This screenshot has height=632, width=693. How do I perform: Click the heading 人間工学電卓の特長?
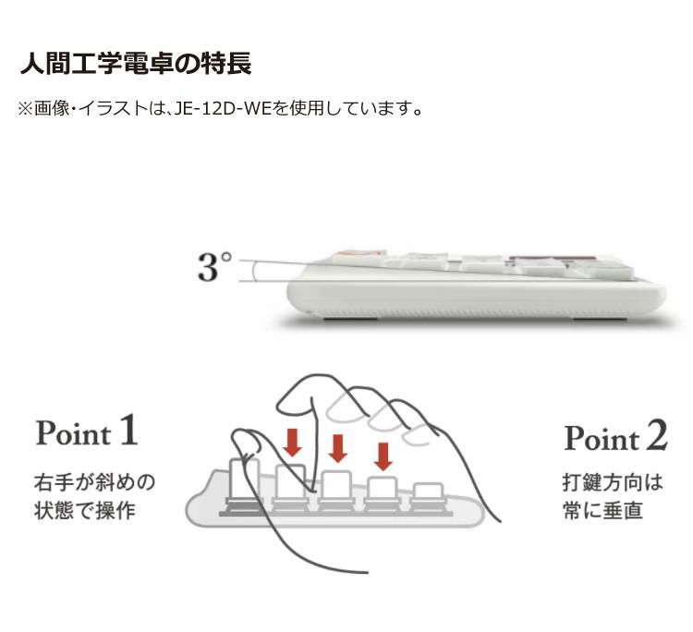136,64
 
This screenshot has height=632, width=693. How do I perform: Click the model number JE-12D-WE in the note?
222,109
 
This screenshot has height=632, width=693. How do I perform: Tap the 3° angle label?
214,266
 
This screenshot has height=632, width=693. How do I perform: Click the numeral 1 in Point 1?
129,429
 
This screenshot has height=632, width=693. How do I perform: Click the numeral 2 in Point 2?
656,435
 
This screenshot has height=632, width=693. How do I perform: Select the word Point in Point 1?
73,432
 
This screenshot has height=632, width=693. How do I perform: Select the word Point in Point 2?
602,439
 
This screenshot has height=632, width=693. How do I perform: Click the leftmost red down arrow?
293,442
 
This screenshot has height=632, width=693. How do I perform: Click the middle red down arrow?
338,448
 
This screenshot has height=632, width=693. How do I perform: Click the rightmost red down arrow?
383,456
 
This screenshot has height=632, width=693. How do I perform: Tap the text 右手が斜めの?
94,481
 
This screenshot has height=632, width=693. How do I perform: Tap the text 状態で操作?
85,511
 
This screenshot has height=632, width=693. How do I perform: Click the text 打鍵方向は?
613,481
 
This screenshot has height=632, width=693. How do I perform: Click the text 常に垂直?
602,511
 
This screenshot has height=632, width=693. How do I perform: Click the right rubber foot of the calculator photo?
600,318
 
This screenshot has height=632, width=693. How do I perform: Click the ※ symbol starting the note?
25,109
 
